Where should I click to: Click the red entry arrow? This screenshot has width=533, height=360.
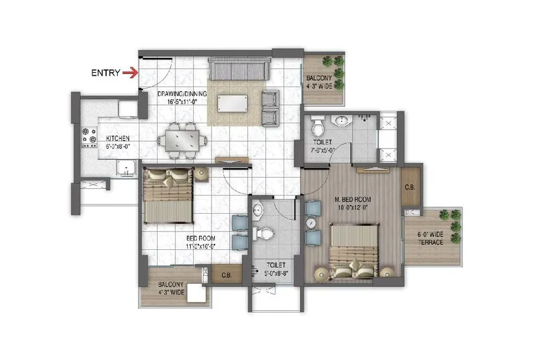[x=130, y=73]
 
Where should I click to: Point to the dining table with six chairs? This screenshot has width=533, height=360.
[x=183, y=141]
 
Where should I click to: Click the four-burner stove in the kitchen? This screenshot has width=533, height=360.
[x=89, y=137]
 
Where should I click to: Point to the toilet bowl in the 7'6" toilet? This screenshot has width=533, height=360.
[x=318, y=127]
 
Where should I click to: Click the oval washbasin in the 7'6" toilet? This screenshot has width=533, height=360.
[x=342, y=121]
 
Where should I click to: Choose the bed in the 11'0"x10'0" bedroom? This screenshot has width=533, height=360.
[x=168, y=195]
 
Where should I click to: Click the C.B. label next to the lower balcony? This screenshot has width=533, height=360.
[x=226, y=275]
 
